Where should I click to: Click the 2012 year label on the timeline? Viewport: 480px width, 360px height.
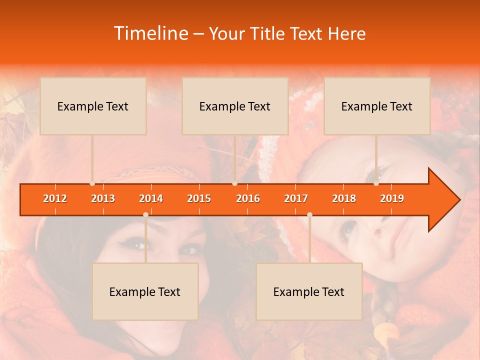coord(55,198)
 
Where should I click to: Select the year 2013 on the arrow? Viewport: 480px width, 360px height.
coord(103,198)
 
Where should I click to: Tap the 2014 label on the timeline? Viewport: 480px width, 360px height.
coord(151,198)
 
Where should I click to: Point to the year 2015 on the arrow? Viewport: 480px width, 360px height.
coord(199,198)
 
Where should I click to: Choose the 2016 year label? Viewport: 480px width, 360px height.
coord(248,198)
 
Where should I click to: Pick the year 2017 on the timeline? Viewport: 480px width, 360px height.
coord(296,198)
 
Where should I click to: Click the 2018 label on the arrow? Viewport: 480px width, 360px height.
coord(344,198)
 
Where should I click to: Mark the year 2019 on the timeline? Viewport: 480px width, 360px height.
coord(392,198)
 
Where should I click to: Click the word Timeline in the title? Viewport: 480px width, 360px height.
coord(150,33)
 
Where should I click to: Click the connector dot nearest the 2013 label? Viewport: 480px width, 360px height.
coord(92,183)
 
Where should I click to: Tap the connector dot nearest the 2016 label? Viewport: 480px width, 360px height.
coord(234,183)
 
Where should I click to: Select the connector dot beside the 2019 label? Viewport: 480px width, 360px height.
coord(376,183)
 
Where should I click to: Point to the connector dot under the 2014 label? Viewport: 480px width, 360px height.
coord(145,214)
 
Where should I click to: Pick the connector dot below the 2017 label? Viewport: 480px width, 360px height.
coord(309,214)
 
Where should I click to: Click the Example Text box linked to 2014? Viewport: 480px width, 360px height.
coord(145,291)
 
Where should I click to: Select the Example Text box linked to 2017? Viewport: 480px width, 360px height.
coord(309,291)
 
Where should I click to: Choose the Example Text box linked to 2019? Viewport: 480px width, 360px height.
coord(377,106)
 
